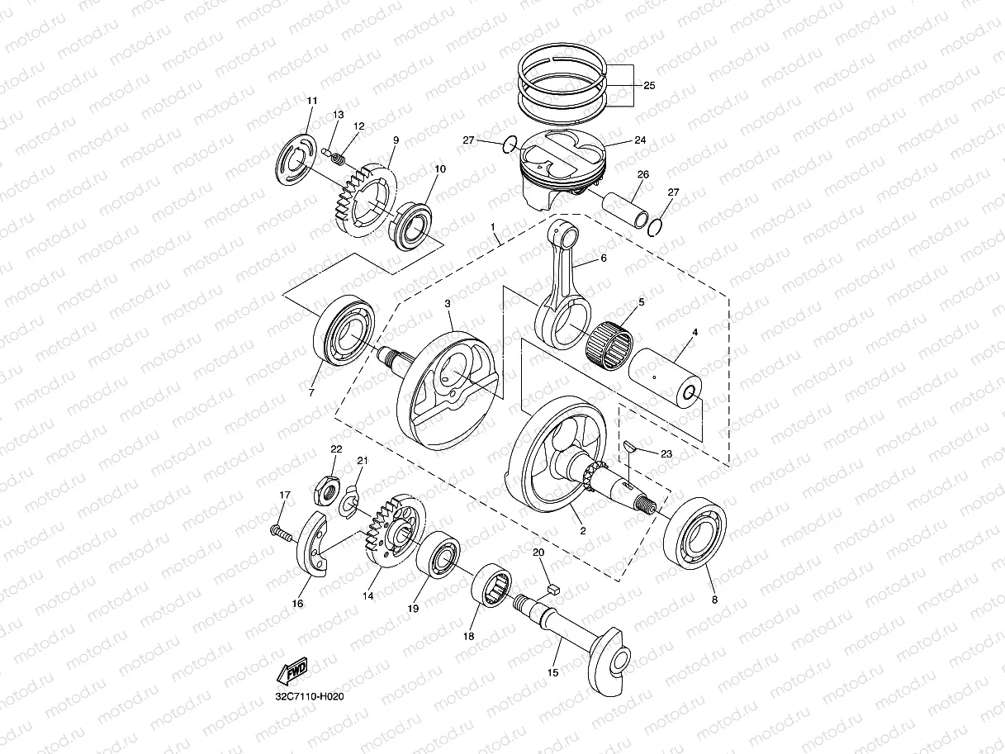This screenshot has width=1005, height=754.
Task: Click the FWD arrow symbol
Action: click(x=294, y=670)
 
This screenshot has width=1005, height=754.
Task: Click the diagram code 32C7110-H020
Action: click(x=309, y=697)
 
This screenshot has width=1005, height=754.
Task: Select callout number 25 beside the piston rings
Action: click(x=649, y=85)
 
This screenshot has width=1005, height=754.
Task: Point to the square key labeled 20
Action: click(x=555, y=589)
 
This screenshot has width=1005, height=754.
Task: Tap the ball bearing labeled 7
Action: click(x=343, y=334)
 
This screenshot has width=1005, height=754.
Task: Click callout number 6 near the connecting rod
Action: click(x=604, y=258)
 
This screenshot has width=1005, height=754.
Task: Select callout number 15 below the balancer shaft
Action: click(x=552, y=672)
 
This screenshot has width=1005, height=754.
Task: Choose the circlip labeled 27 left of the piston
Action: click(x=510, y=146)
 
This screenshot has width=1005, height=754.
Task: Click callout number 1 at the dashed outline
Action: click(x=492, y=225)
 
